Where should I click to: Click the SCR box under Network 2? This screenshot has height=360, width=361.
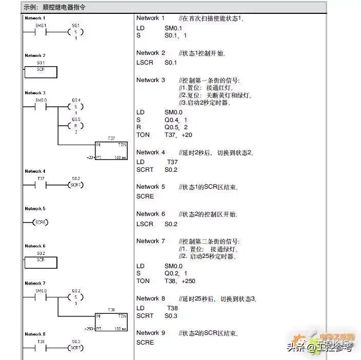(x=41, y=72)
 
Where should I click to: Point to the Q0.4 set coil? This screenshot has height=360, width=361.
(x=76, y=107)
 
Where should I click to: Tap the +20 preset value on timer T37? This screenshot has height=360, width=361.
(x=90, y=157)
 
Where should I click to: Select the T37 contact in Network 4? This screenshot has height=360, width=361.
(x=41, y=185)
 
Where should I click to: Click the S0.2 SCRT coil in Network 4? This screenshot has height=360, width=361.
(x=76, y=185)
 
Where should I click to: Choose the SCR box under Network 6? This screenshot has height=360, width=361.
(x=41, y=263)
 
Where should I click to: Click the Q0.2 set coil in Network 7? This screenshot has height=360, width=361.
(x=76, y=297)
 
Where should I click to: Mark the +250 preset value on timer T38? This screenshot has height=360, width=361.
(x=89, y=328)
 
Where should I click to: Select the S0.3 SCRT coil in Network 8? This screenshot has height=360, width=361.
(x=76, y=348)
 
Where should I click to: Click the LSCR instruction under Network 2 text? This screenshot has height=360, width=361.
(x=145, y=63)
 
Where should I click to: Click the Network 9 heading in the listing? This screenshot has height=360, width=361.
(x=151, y=333)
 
